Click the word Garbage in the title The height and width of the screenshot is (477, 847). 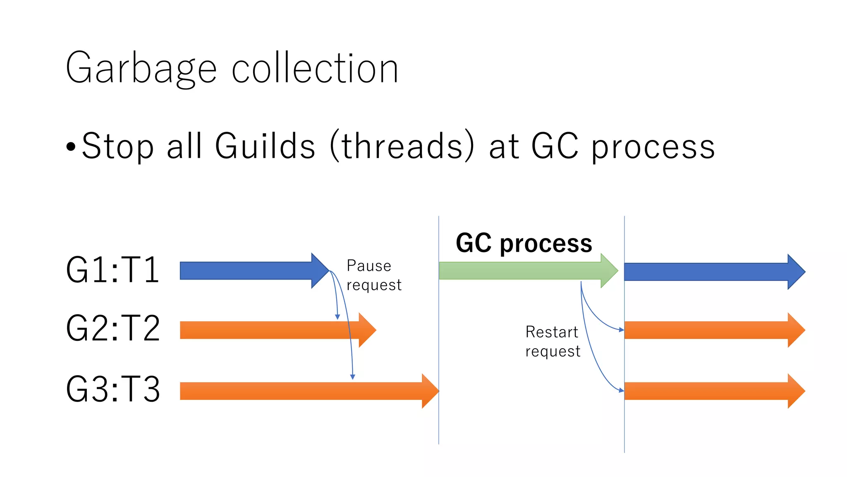141,69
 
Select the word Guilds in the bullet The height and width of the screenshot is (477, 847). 265,146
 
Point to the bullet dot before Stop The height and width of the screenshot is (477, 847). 71,147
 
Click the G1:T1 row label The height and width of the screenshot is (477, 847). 112,270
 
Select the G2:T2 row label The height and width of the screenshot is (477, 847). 112,329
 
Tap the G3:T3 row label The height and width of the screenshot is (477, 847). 112,389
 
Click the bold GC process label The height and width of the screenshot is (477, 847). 524,243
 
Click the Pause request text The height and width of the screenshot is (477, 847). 373,275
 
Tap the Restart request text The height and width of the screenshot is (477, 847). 553,342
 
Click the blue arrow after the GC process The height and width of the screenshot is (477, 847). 711,272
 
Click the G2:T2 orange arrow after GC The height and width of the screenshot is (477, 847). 711,330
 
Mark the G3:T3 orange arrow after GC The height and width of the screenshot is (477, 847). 711,391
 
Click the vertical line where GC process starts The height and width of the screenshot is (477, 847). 439,414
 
